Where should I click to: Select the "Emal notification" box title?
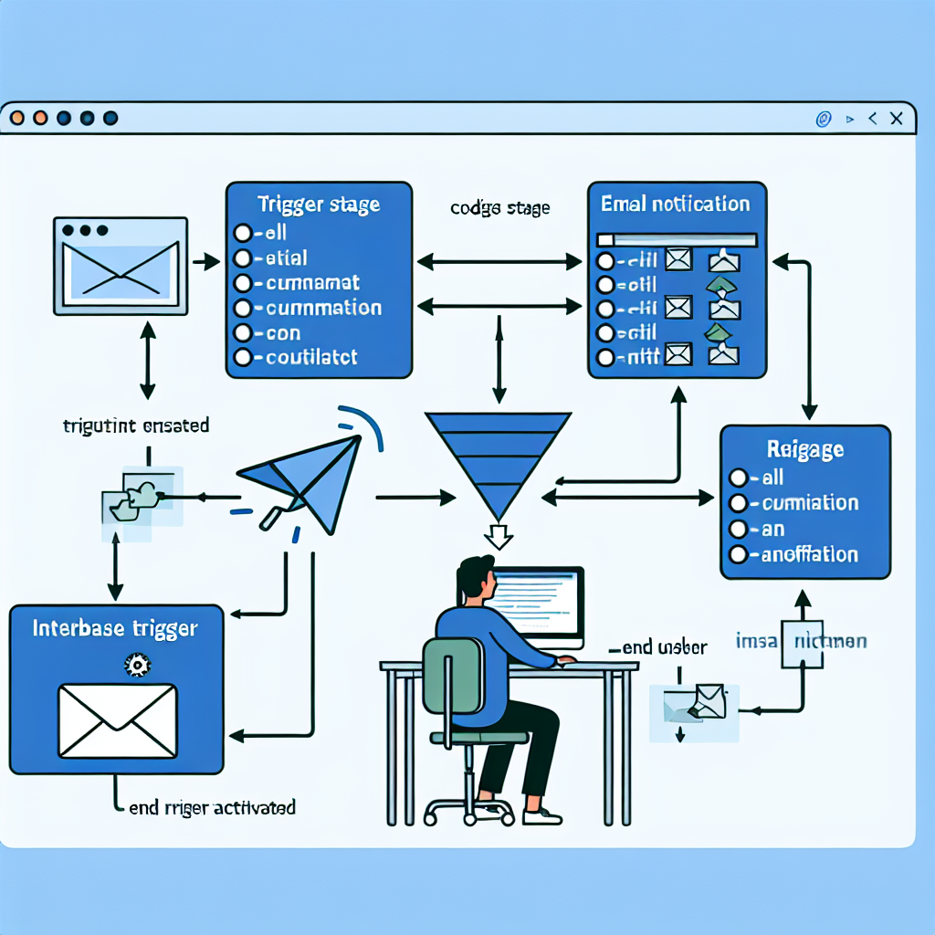[675, 204]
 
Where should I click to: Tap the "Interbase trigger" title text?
[115, 628]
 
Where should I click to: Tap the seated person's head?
[475, 577]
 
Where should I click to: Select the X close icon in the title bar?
[896, 118]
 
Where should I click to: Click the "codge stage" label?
[500, 208]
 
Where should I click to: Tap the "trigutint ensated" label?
[136, 425]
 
